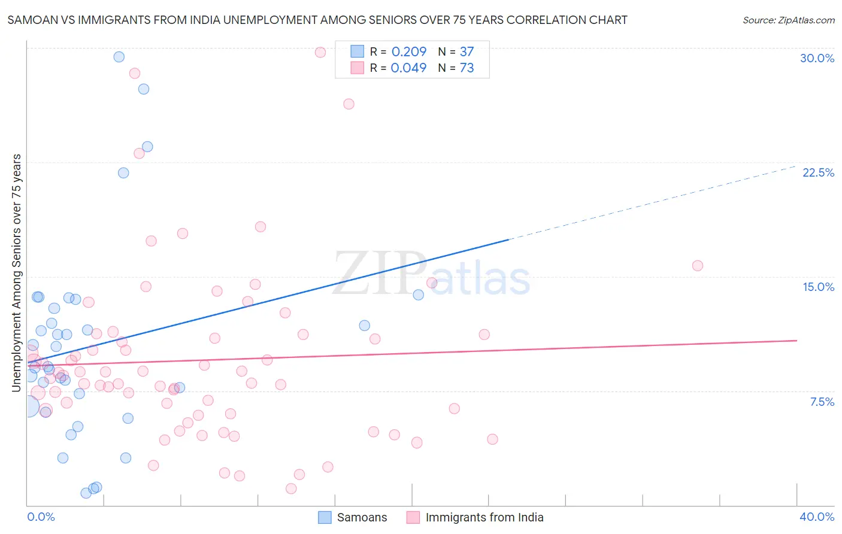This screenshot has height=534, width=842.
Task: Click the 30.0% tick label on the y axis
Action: pos(817,58)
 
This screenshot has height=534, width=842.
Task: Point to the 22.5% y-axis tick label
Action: pos(818,172)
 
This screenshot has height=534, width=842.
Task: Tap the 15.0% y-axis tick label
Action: pos(818,287)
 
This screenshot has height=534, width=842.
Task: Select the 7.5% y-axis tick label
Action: pos(822,402)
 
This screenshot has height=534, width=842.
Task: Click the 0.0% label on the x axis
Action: pos(41,517)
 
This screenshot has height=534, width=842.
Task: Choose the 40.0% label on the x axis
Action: pos(816,517)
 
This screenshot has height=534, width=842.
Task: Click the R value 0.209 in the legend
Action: pos(408,52)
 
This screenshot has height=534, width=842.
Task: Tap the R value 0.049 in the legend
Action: pos(408,68)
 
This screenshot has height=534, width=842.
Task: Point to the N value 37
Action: pos(467,52)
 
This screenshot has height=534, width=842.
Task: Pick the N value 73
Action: pos(467,68)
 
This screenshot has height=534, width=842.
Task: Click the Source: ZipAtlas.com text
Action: pos(788,20)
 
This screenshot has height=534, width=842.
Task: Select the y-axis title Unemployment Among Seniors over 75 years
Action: pos(17,273)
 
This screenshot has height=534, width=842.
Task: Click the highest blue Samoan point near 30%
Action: pos(119,57)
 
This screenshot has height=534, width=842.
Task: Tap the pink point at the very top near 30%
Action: pos(320,52)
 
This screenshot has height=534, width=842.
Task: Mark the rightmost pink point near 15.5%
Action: pos(697,266)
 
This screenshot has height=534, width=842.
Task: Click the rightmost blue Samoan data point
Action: pos(419,295)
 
